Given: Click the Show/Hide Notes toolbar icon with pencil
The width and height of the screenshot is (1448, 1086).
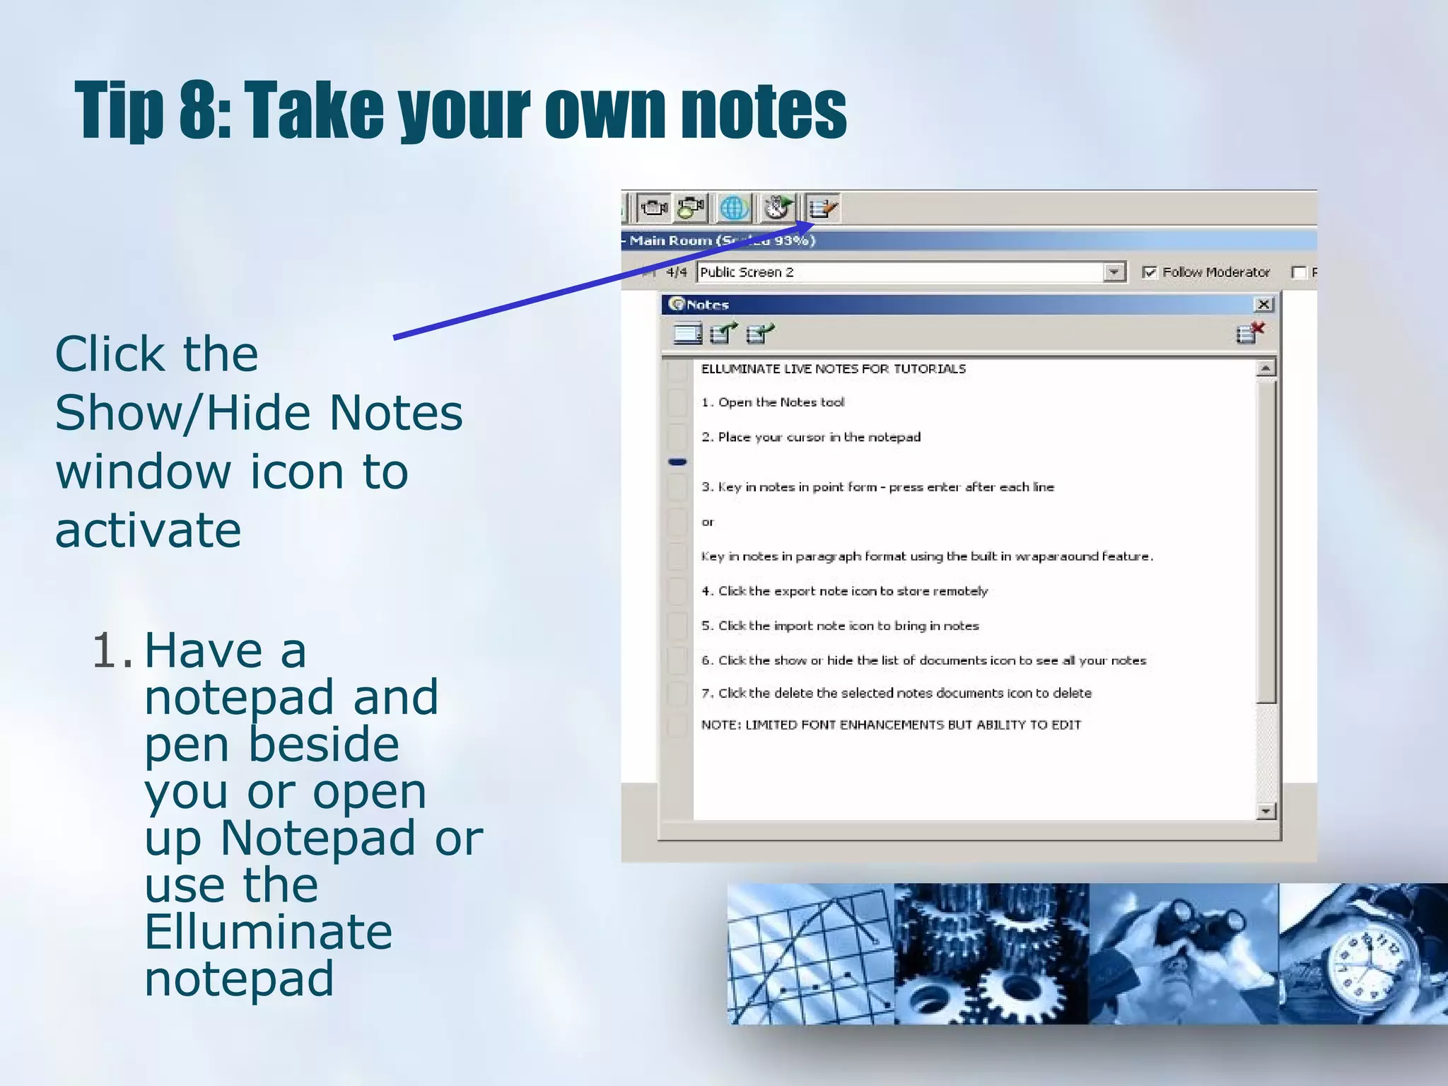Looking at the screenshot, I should [822, 209].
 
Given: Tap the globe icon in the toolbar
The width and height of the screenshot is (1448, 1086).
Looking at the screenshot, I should [734, 209].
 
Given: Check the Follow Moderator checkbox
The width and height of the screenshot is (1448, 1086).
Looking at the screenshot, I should [1150, 272].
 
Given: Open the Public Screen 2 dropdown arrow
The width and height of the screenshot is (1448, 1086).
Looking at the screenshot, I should [1114, 272].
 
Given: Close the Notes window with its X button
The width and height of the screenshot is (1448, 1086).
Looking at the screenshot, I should [1263, 305].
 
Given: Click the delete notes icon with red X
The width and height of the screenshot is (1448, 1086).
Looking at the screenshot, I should [1249, 332].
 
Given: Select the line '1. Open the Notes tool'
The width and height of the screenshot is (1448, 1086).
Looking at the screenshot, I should [772, 402].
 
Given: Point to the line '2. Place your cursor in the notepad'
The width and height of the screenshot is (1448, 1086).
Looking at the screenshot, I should [810, 437].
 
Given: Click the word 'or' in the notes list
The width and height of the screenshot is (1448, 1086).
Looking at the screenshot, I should [708, 522].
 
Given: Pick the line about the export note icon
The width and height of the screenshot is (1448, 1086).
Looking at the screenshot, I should [844, 591].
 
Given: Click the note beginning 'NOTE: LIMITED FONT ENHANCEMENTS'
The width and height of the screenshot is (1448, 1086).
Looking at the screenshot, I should [890, 725].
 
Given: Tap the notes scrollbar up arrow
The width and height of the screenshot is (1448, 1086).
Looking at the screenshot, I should [1266, 368].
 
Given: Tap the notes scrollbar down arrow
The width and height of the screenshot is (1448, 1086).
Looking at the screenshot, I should [1266, 811].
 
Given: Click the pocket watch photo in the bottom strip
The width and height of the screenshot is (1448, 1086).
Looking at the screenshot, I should [1362, 954].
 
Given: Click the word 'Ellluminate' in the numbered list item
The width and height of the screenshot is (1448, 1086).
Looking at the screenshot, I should [268, 932].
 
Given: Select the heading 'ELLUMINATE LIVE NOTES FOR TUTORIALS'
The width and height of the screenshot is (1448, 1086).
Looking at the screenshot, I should [833, 369].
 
